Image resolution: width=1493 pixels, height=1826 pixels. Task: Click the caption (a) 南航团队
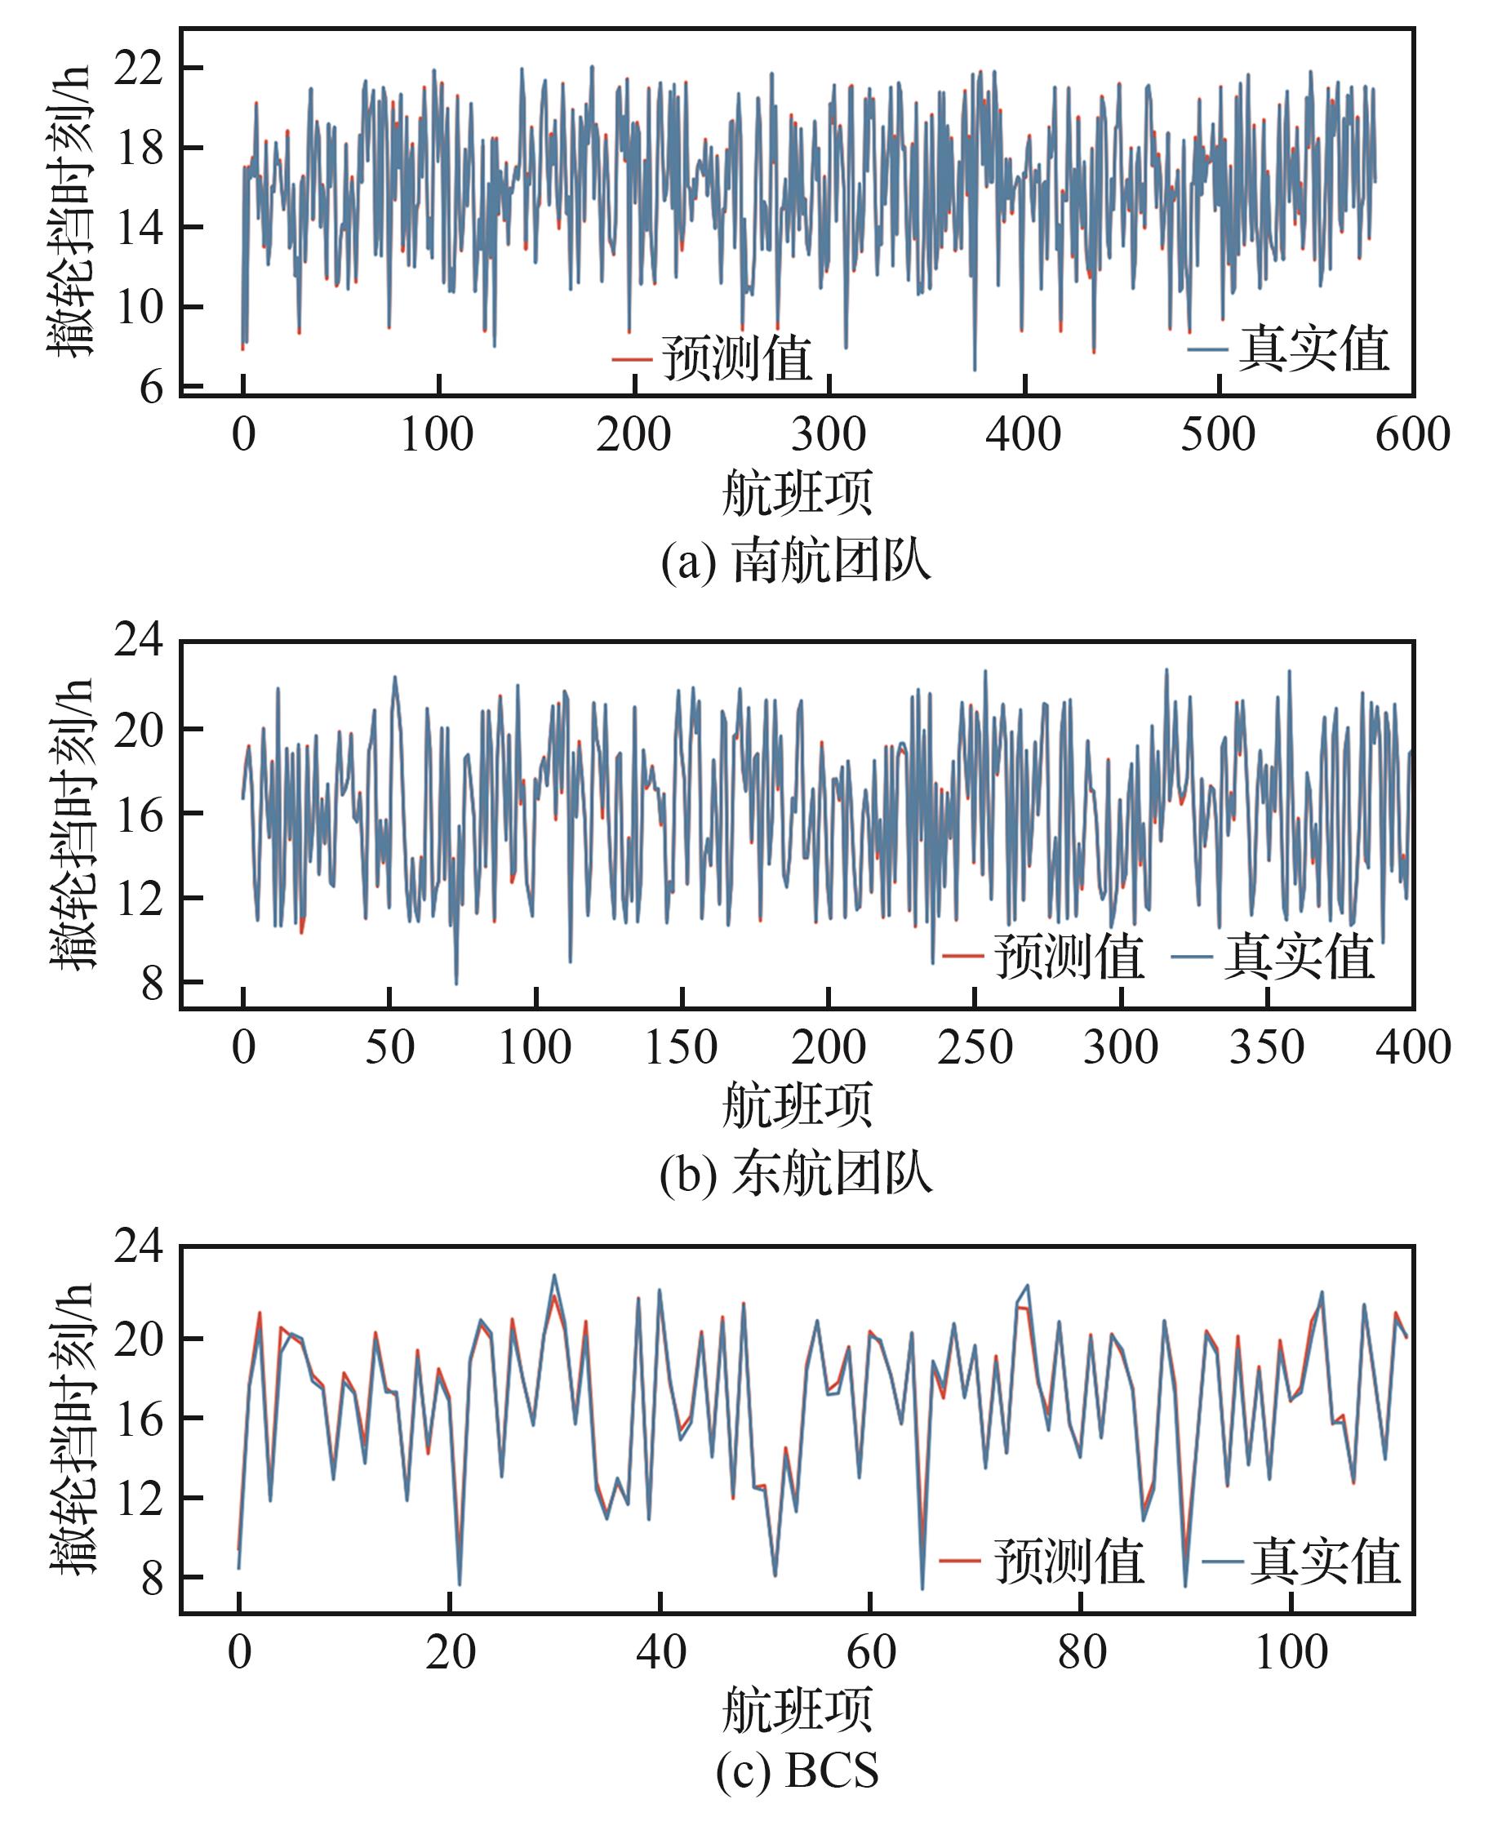point(796,561)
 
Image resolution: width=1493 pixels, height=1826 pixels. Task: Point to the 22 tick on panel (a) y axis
point(140,68)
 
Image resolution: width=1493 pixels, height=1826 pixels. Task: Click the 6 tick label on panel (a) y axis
point(151,387)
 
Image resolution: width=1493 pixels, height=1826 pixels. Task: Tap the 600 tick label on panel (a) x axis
point(1412,434)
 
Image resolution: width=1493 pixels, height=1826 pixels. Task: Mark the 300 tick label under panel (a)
point(829,434)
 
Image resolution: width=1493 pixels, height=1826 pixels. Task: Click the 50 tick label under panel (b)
point(389,1047)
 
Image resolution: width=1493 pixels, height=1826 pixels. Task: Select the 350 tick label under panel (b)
point(1267,1047)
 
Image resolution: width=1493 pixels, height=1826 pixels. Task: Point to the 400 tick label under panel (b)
point(1413,1047)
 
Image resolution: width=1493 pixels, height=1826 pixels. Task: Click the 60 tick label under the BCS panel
point(871,1651)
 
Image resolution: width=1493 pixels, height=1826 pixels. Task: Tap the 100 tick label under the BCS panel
point(1291,1651)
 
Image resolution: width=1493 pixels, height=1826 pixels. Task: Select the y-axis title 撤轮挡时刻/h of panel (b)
point(70,823)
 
